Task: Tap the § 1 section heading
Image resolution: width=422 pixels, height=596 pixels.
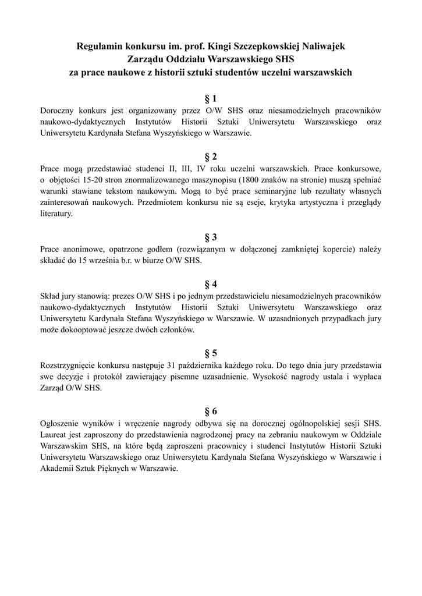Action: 211,98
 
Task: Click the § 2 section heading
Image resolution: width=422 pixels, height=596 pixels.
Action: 211,157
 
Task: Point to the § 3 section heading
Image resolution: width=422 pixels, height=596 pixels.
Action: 211,237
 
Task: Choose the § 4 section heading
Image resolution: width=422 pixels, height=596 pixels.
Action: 211,284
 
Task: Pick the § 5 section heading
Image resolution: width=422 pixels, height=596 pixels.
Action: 211,353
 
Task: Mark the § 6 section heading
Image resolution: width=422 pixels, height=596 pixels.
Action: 211,410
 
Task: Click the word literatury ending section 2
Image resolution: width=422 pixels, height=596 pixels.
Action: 56,214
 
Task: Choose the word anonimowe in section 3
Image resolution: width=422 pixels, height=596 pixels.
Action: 81,249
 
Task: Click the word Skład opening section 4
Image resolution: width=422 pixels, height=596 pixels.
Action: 51,296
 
